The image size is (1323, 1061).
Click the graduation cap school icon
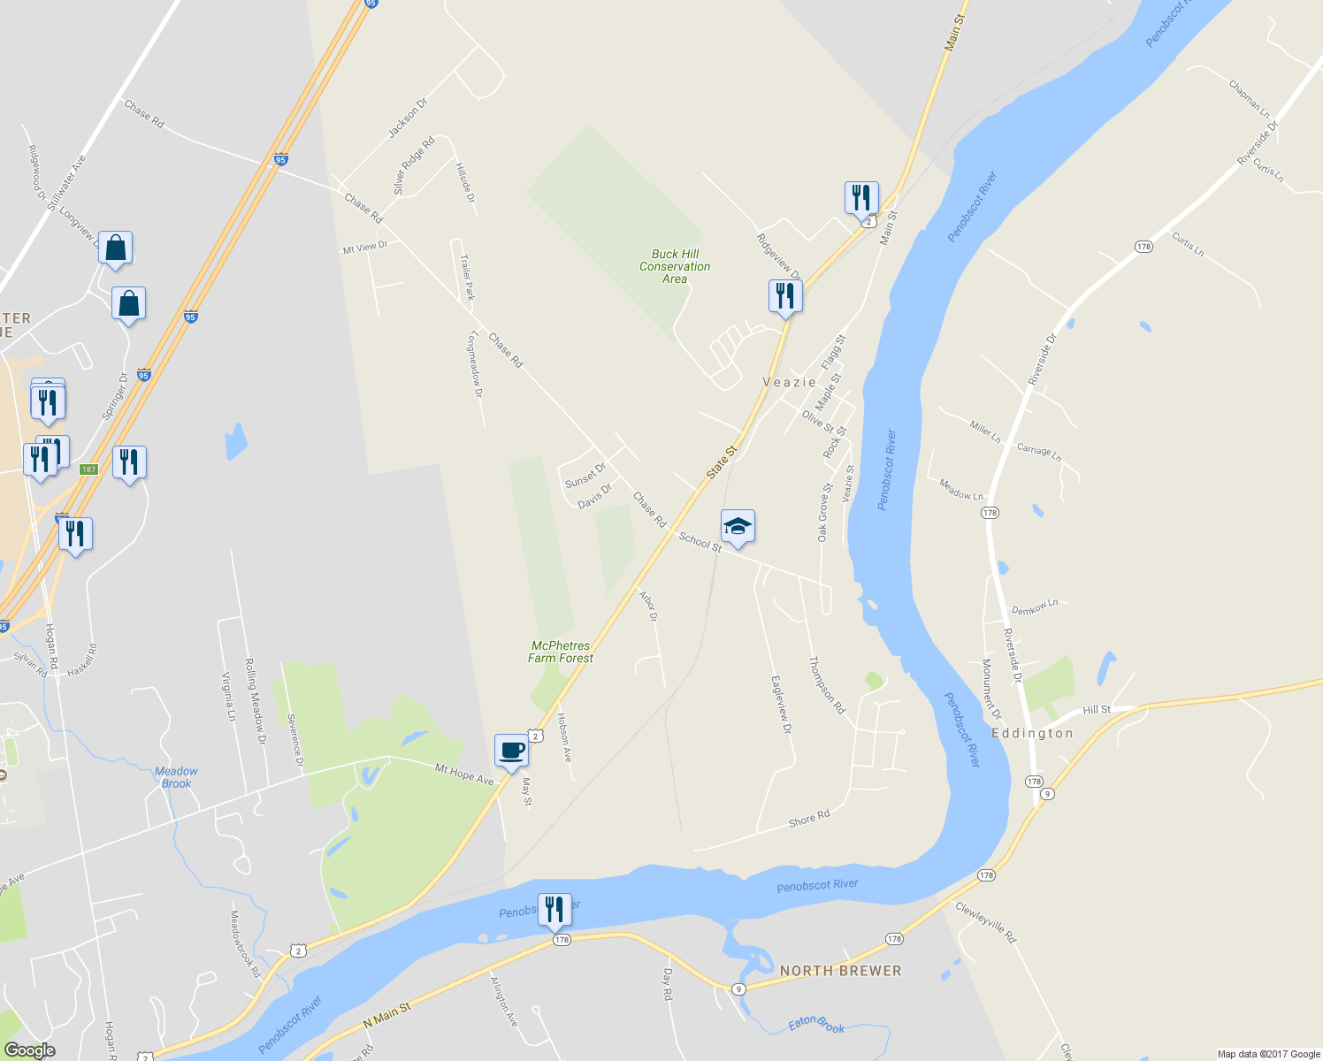pos(738,527)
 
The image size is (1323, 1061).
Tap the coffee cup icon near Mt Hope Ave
pos(511,751)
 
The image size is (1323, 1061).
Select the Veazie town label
pos(790,382)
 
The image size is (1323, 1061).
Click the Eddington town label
pos(1032,733)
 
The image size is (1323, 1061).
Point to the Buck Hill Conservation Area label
pos(675,266)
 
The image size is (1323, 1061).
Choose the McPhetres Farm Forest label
pos(561,652)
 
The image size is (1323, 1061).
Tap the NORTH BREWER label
pos(840,970)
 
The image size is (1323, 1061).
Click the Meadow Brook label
pos(176,777)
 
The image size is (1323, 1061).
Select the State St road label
pos(722,463)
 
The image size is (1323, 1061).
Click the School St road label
pos(700,541)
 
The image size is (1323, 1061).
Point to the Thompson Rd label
pos(827,684)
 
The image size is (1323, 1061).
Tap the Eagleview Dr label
pos(781,705)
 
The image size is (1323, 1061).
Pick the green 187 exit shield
pos(88,469)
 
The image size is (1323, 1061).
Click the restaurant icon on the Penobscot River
pos(554,910)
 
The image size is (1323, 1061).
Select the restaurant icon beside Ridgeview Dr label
pos(785,296)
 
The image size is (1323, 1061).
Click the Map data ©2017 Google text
pos(1268,1054)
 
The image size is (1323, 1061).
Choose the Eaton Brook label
pos(816,1025)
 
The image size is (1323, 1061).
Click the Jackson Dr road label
pos(408,118)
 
